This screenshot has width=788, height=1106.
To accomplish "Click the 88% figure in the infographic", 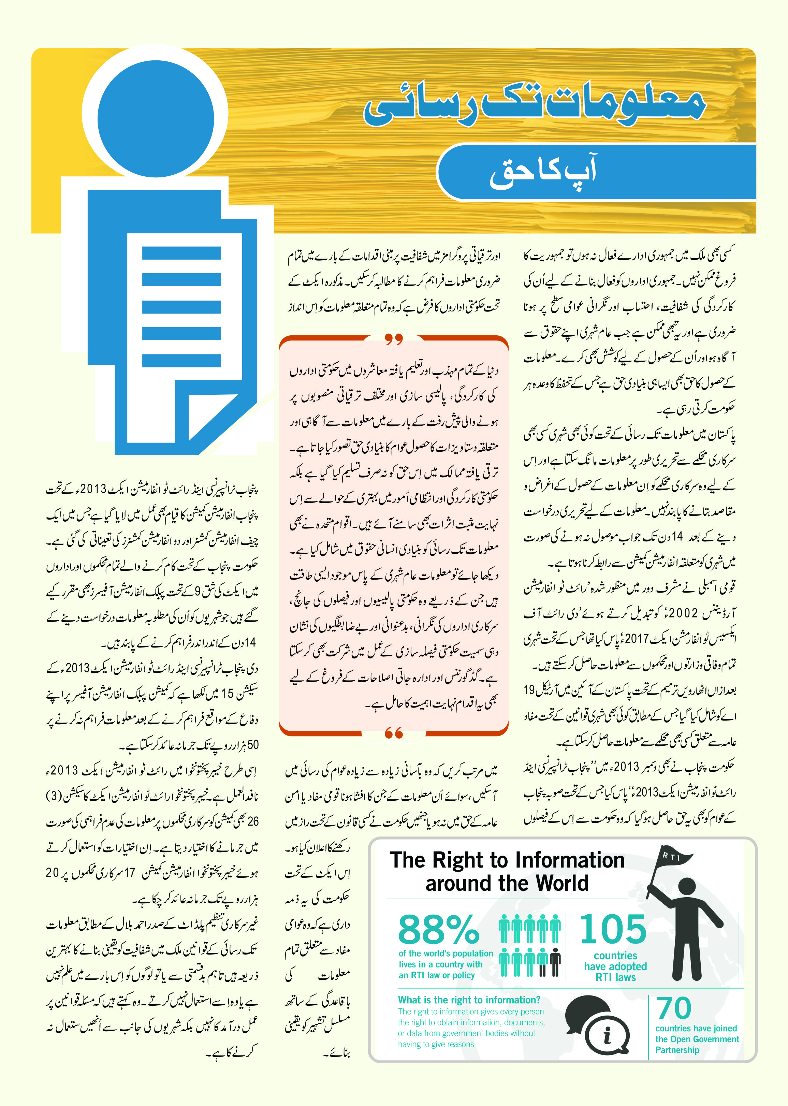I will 438,929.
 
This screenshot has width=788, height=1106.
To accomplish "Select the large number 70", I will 674,1008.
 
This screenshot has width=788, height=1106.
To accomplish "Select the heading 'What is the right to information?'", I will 469,1000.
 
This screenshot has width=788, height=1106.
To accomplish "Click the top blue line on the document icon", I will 181,253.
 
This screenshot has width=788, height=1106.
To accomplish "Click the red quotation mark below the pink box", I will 394,733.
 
